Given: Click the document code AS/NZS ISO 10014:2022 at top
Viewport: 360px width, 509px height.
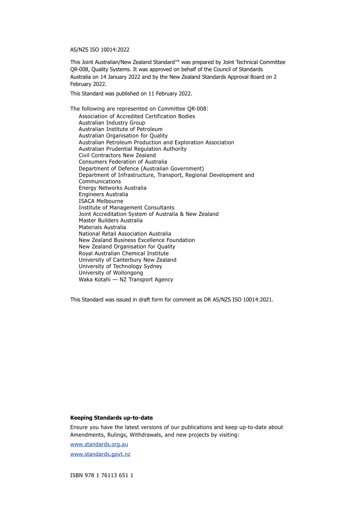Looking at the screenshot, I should pos(100,50).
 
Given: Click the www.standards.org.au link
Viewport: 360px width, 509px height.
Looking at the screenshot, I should pos(99,444).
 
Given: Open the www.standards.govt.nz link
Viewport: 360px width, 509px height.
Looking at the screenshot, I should pos(100,454).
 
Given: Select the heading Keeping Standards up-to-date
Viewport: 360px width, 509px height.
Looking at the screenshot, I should pos(111,418).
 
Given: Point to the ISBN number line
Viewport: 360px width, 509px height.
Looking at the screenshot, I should pos(102,475).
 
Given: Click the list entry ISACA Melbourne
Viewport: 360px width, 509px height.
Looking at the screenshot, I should pos(101,201).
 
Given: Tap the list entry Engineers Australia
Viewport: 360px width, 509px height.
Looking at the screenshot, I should pos(103,194).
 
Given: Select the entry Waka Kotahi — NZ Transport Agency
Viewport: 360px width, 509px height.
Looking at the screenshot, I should pos(126,279).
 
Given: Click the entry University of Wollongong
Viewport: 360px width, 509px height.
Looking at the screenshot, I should pos(111,273).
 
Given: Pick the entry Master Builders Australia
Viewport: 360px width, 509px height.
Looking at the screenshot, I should pos(111,220).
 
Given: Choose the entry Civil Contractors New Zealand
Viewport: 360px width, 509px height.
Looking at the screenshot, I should pos(117,155).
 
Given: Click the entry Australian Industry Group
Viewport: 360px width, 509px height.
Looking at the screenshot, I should pos(112,123).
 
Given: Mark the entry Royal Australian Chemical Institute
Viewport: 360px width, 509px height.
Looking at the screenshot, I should pos(124,253).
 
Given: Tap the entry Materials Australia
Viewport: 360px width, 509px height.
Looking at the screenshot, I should pos(102,227).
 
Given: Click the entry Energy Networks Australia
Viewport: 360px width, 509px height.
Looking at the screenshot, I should pos(113,188).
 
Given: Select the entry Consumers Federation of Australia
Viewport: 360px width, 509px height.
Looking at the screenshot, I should pos(123,162).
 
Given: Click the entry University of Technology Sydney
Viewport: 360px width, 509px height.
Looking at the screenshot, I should pos(120,266).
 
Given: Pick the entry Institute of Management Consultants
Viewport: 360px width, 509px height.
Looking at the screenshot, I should pos(127,208).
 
